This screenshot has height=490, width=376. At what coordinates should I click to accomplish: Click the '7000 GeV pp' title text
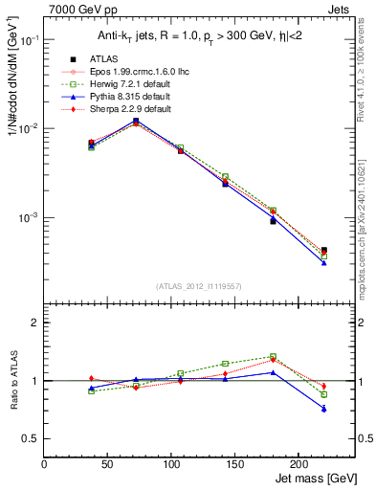pyautogui.click(x=78, y=8)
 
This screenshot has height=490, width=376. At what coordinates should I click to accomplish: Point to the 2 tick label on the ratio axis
pyautogui.click(x=35, y=323)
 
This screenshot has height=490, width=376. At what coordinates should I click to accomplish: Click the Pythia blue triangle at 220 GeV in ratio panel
pyautogui.click(x=323, y=409)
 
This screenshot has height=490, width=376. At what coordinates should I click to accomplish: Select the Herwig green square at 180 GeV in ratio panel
pyautogui.click(x=273, y=357)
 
